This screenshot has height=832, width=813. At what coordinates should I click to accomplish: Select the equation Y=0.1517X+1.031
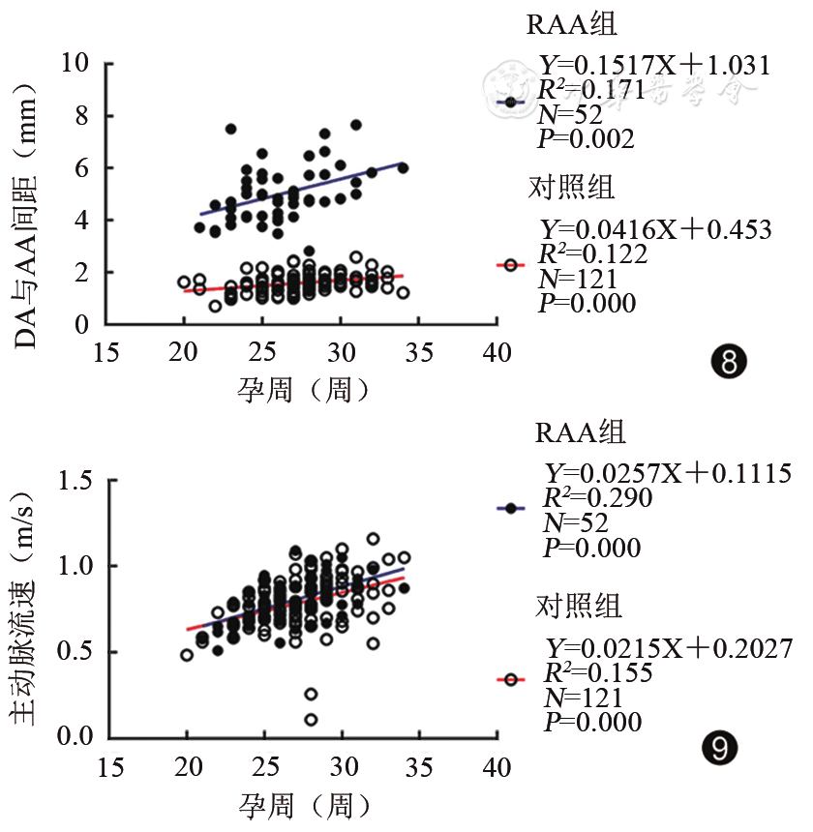pyautogui.click(x=654, y=67)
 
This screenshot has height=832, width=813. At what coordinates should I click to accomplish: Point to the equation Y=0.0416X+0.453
pyautogui.click(x=654, y=230)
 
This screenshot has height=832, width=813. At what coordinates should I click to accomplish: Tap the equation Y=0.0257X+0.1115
pyautogui.click(x=668, y=475)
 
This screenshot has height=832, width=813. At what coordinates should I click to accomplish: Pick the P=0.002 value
pyautogui.click(x=586, y=139)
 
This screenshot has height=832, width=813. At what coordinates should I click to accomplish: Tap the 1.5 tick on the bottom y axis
pyautogui.click(x=77, y=481)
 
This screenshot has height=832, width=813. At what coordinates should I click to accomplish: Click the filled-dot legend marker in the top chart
pyautogui.click(x=509, y=102)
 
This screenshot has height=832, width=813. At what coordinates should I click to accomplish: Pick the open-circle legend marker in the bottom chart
pyautogui.click(x=509, y=680)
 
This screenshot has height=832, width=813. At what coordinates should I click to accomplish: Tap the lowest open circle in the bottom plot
pyautogui.click(x=311, y=720)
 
